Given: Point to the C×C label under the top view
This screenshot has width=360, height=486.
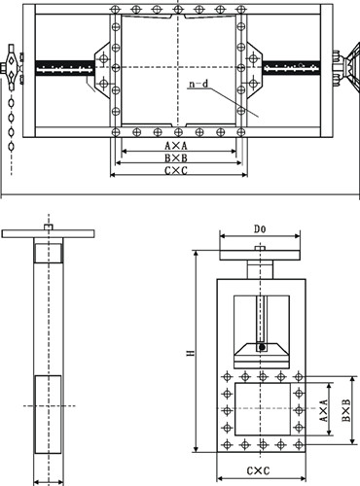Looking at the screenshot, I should click(x=176, y=170).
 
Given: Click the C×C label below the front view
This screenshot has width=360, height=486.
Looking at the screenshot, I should click(x=258, y=471).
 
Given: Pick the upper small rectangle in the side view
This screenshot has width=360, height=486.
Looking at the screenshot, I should click(x=47, y=253).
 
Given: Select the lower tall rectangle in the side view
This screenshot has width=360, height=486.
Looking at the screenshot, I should click(x=47, y=413).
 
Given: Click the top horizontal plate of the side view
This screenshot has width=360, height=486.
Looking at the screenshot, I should click(x=47, y=234).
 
